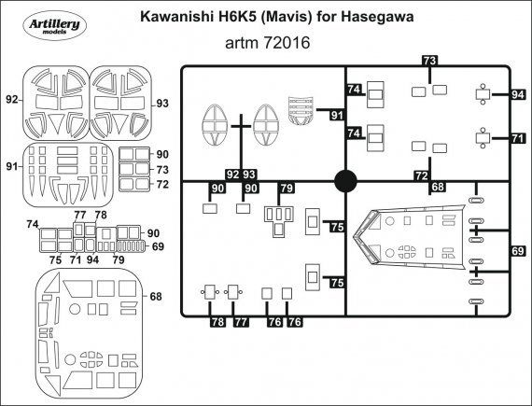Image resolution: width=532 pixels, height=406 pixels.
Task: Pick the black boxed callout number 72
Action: [422, 175]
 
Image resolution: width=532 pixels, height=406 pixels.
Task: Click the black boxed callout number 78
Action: [217, 322]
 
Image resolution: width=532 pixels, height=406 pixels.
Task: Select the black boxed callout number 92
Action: [231, 175]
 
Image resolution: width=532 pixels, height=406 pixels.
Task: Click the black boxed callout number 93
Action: [249, 175]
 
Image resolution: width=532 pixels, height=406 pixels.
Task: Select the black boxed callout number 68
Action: [437, 188]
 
